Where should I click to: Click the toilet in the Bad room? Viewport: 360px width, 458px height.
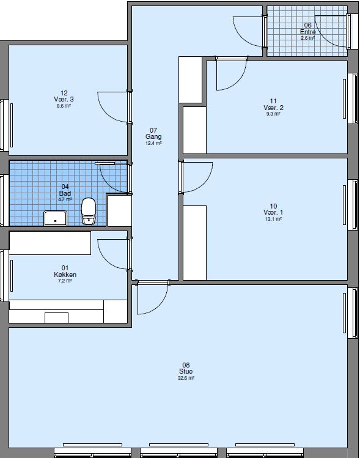pos(89,210)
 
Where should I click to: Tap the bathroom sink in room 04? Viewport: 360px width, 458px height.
pos(56,218)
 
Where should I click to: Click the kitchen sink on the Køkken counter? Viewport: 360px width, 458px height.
pos(56,317)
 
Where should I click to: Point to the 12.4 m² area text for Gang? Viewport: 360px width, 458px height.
pos(153,144)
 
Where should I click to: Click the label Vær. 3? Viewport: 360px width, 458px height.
pos(64,99)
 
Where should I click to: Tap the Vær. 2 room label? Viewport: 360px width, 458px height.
pos(273,108)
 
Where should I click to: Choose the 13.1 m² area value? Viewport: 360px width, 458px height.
pos(273,219)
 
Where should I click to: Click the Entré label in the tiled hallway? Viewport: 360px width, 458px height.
pos(307,31)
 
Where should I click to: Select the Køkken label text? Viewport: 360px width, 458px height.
pos(65,275)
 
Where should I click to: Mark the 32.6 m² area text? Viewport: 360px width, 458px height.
pos(186,379)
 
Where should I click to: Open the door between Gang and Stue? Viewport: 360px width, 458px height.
pos(152,300)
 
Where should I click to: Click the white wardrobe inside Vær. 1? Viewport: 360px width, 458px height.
pos(195,243)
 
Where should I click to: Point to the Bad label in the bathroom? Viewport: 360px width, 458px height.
pos(65,193)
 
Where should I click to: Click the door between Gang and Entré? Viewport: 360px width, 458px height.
pos(249,29)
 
